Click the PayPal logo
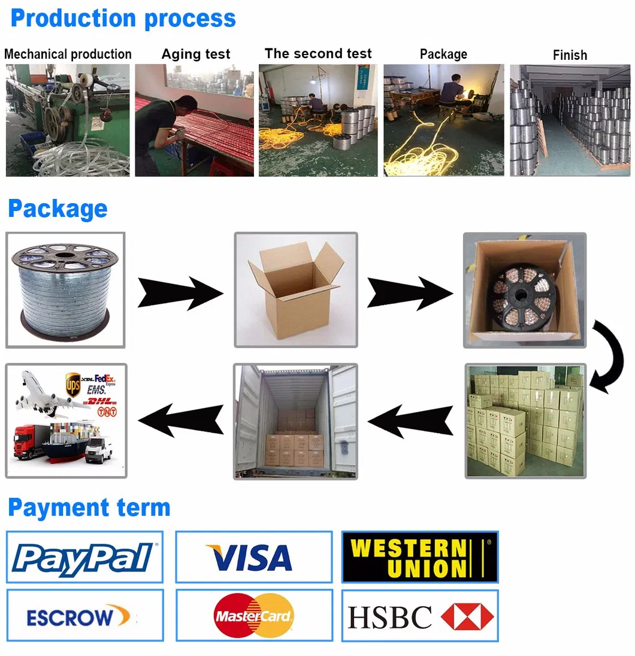(84, 557)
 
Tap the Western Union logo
(419, 557)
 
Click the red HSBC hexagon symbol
(467, 616)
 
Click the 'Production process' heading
(123, 18)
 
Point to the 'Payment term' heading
(89, 507)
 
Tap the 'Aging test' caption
(195, 54)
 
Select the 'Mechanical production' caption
(68, 54)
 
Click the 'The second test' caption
(318, 53)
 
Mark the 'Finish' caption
(570, 55)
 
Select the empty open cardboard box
(296, 291)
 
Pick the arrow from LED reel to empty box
(180, 292)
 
